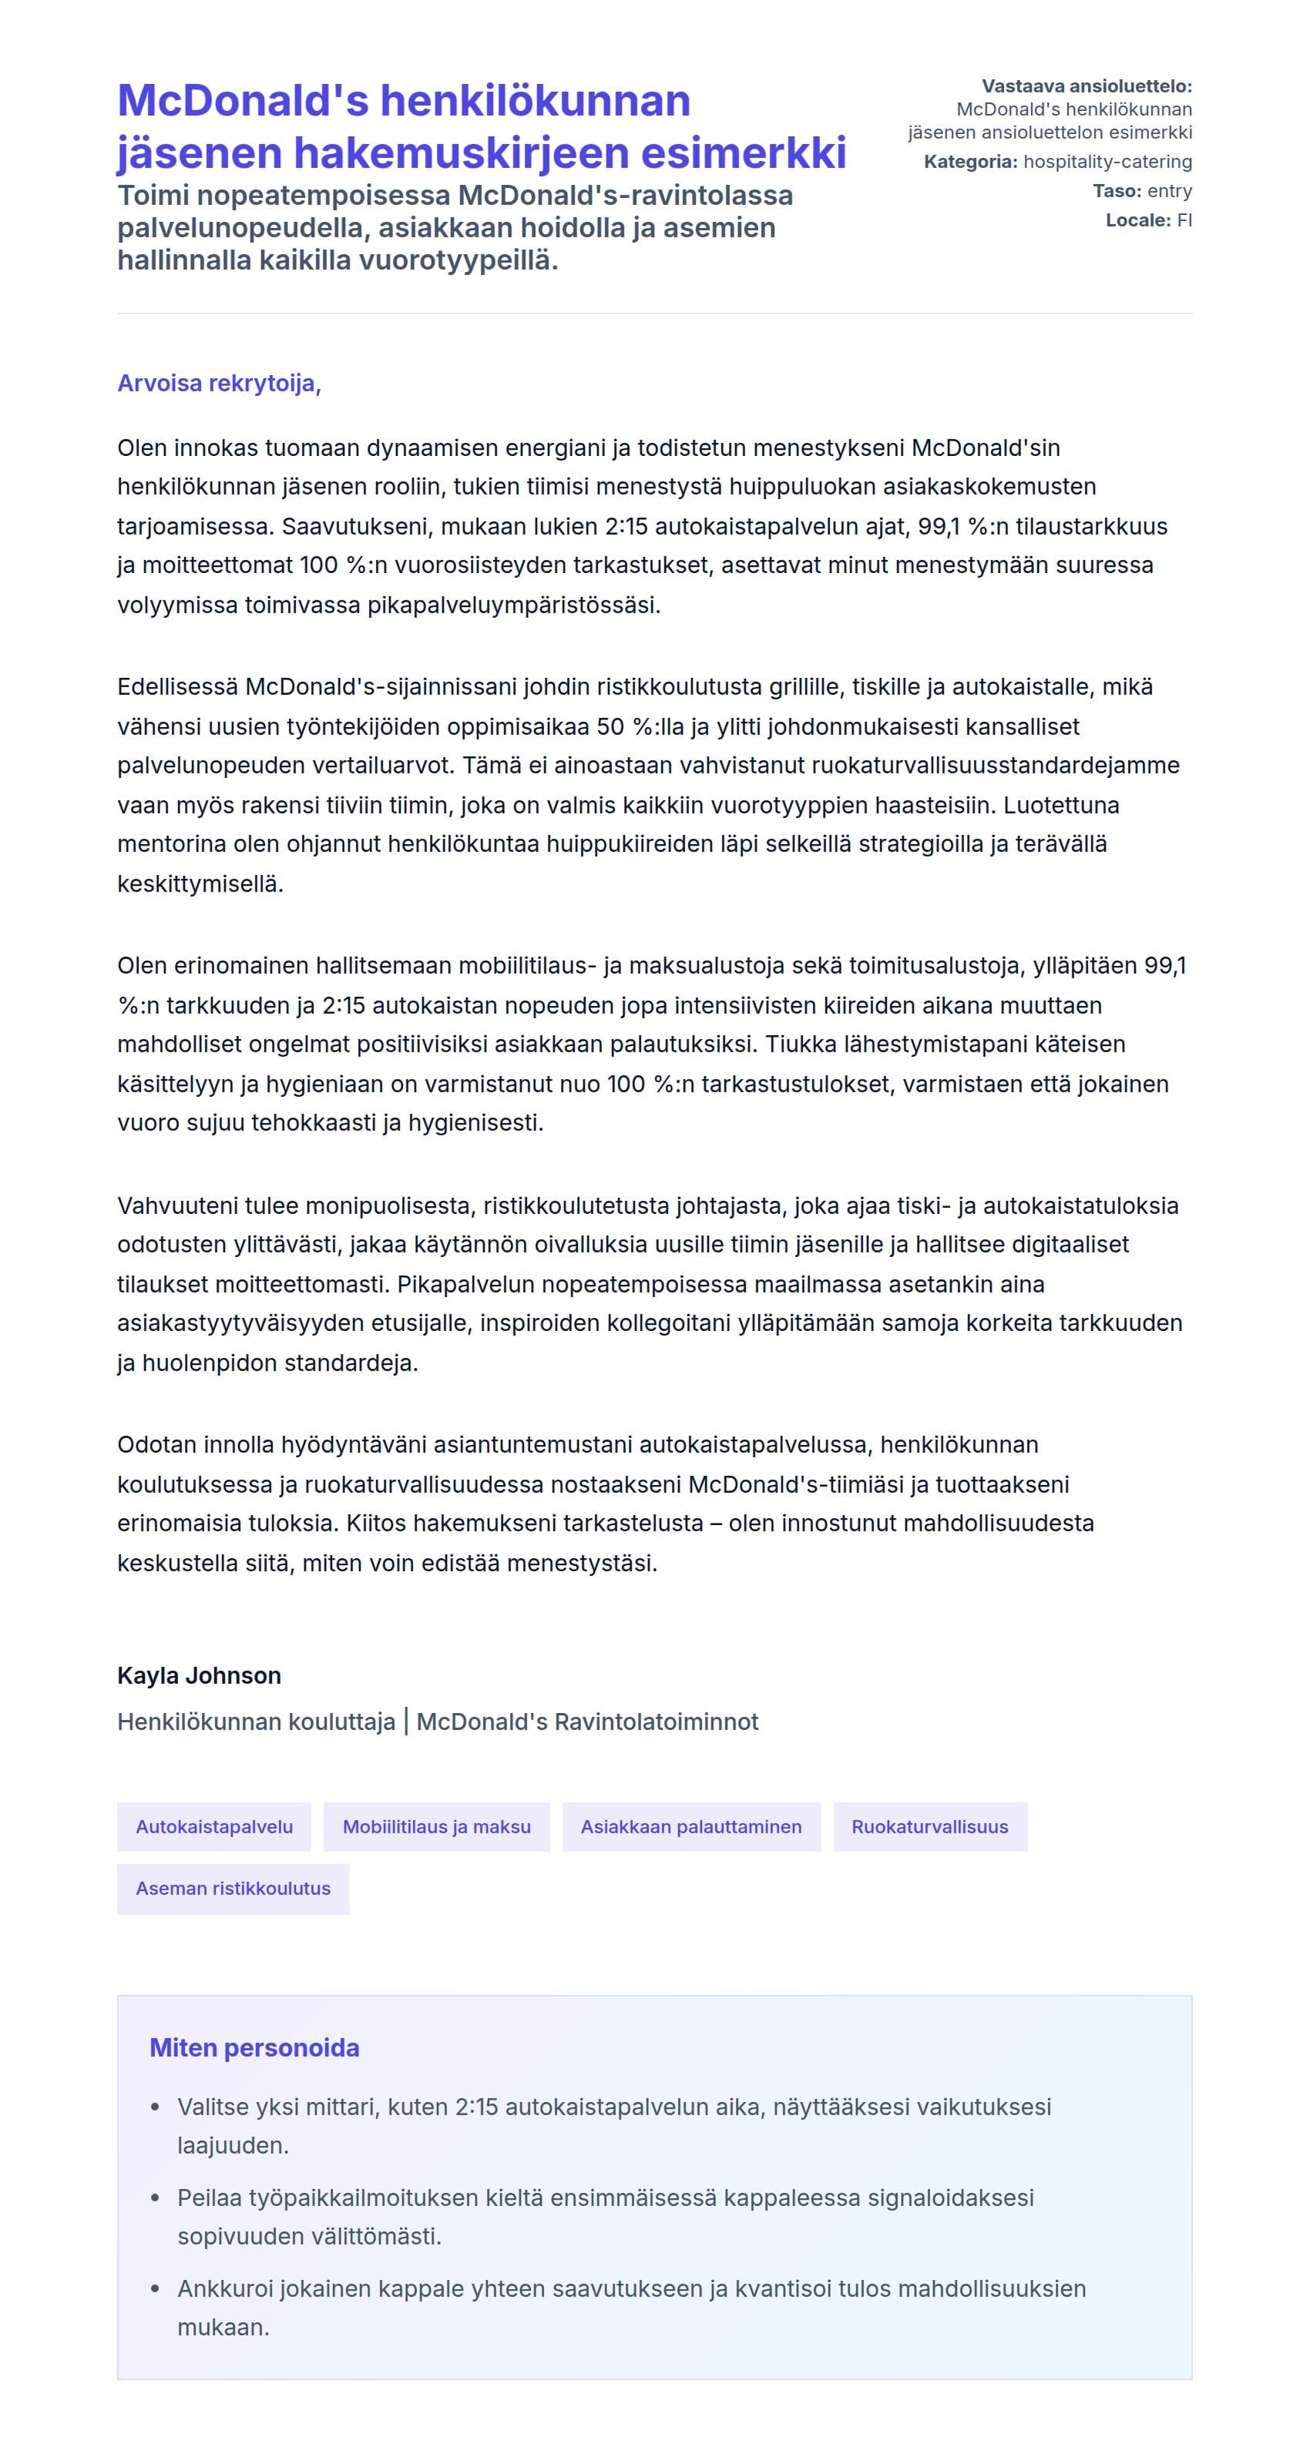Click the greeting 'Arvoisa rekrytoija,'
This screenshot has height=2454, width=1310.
tap(219, 383)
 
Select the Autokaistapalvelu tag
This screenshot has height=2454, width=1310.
tap(214, 1826)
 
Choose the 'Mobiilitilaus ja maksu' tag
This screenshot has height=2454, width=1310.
tap(436, 1826)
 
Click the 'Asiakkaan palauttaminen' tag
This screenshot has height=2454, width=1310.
tap(690, 1826)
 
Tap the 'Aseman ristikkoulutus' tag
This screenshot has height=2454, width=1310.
tap(233, 1888)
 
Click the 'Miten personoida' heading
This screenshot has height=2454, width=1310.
tap(254, 2047)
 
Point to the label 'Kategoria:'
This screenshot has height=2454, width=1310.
tap(970, 162)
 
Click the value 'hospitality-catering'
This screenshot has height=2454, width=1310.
tap(1107, 162)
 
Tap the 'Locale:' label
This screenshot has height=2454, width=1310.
tap(1137, 220)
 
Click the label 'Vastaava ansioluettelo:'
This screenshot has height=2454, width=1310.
tap(1086, 87)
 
